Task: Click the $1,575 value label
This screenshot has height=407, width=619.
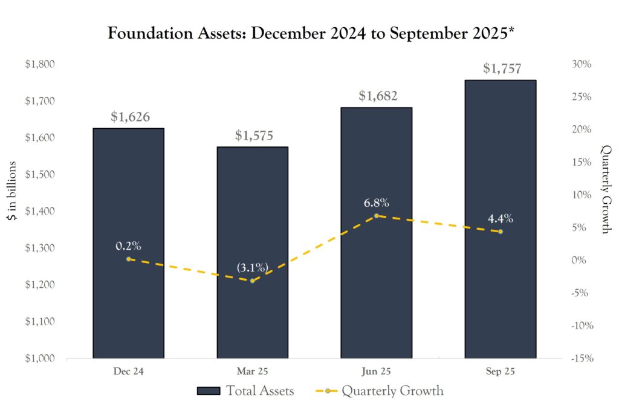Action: (254, 135)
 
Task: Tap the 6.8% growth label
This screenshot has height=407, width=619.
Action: (376, 203)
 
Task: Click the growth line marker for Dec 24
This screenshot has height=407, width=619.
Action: (128, 259)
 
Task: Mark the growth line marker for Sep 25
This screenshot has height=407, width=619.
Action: (500, 232)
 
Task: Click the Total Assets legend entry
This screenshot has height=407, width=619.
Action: (245, 391)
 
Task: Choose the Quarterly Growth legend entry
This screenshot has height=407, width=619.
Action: (379, 391)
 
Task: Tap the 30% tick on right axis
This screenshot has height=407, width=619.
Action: (582, 64)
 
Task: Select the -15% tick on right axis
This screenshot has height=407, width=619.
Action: (580, 358)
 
